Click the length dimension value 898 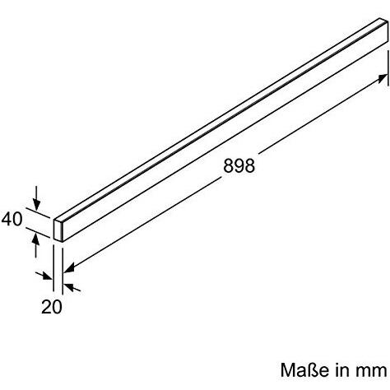239,165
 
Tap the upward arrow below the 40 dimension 36,238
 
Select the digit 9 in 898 239,165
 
